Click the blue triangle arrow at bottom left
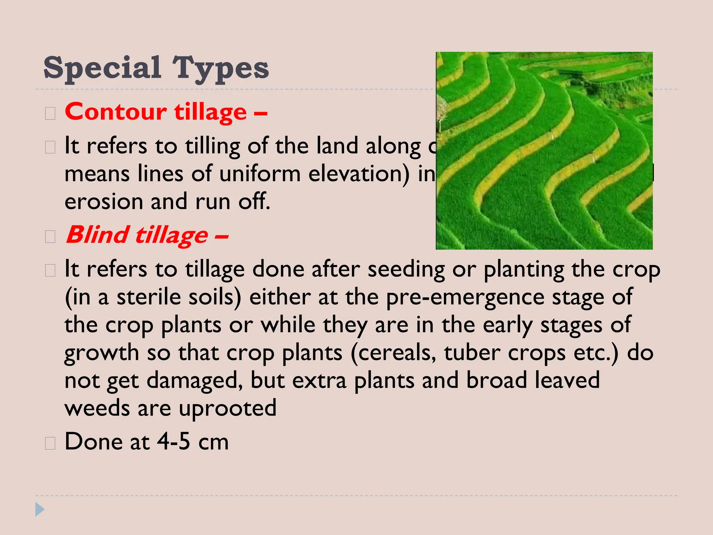pyautogui.click(x=40, y=509)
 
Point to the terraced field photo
pyautogui.click(x=544, y=150)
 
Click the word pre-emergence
pyautogui.click(x=465, y=298)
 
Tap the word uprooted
pyautogui.click(x=228, y=408)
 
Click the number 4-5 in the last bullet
pyautogui.click(x=173, y=441)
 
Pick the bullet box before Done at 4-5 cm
pyautogui.click(x=50, y=443)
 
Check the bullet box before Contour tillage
pyautogui.click(x=50, y=114)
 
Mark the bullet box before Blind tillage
pyautogui.click(x=50, y=237)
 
